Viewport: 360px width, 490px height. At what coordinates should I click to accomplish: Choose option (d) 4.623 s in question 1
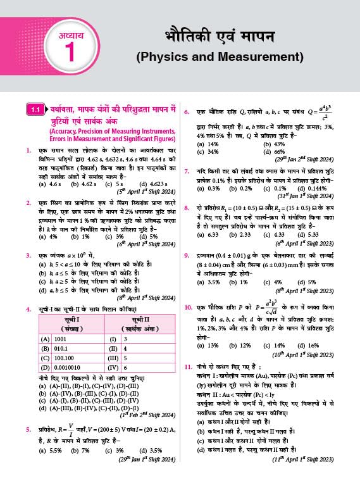(152, 184)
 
